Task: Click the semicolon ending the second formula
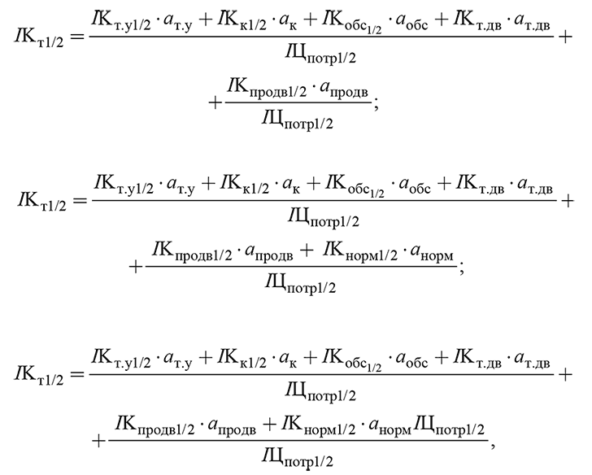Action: [461, 268]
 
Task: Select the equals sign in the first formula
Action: [77, 37]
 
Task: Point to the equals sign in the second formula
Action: [80, 200]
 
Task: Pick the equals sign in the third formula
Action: [77, 375]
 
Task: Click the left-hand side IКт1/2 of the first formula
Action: [39, 38]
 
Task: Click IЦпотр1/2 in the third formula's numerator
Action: [449, 428]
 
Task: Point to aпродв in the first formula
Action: [343, 89]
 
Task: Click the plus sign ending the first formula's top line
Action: [565, 37]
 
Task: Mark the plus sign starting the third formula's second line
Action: [99, 441]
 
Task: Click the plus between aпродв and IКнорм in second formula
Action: [307, 251]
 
